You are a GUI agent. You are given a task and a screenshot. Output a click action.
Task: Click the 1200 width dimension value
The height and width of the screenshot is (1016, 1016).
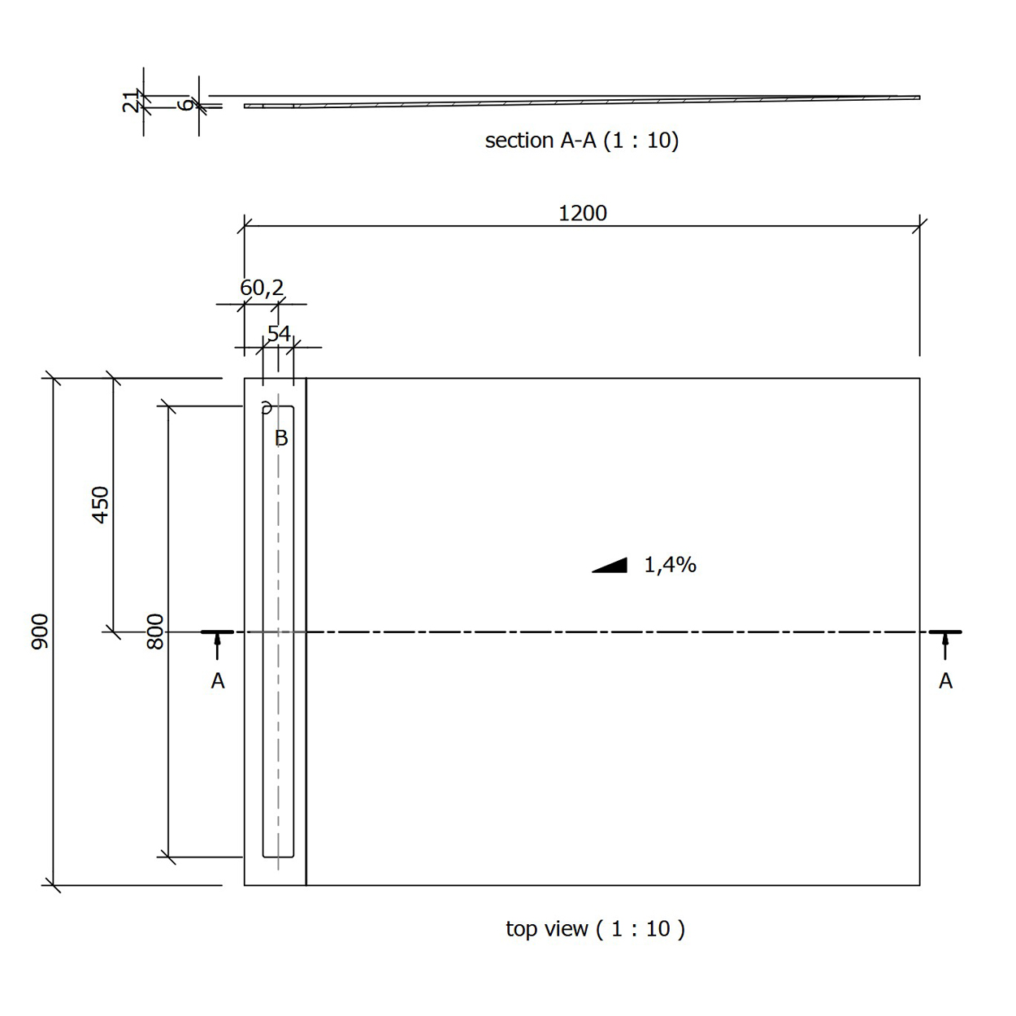pos(582,214)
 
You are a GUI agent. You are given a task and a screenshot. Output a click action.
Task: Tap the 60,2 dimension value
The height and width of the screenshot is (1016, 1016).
pos(262,288)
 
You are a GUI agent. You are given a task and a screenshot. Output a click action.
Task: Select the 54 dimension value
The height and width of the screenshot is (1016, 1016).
pos(279,333)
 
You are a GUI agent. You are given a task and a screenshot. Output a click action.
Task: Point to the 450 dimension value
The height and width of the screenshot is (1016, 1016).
pos(100,505)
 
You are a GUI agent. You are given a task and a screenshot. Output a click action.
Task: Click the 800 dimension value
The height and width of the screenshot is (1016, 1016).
pos(155,632)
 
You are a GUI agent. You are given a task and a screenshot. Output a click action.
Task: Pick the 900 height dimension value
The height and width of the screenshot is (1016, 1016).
pos(40,632)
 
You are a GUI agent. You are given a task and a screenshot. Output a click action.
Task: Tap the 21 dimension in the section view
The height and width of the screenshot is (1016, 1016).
pos(130,102)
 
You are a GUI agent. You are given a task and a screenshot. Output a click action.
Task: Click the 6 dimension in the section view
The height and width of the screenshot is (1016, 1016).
pos(185,104)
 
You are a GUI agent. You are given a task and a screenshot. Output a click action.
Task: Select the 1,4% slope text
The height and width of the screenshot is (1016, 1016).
pos(670,565)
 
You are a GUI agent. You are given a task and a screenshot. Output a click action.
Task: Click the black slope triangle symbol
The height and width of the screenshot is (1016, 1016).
pos(615,567)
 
